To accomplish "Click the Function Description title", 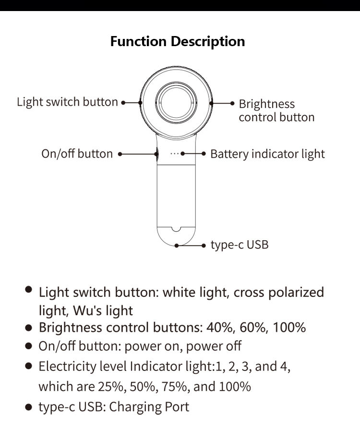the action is (178, 42).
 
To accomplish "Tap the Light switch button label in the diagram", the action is (67, 102).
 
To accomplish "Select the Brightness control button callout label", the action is (276, 111).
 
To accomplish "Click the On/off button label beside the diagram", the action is (77, 154).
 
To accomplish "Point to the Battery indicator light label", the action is (267, 154).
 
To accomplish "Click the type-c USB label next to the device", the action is (240, 245).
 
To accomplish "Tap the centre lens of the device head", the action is (176, 102).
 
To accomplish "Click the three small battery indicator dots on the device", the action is (175, 154).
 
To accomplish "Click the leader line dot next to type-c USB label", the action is (204, 246).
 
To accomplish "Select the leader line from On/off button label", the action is (138, 154).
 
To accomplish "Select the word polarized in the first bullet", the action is (296, 293).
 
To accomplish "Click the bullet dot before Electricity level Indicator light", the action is (28, 366).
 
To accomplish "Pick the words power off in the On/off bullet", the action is (214, 346).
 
